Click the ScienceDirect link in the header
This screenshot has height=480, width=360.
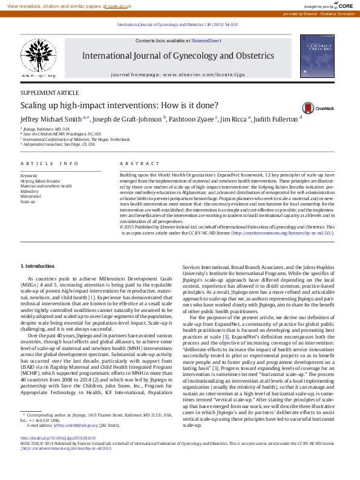click(206, 41)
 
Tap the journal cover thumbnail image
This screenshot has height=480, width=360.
click(320, 56)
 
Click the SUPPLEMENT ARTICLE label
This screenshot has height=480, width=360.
click(50, 93)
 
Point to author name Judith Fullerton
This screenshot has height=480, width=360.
click(273, 120)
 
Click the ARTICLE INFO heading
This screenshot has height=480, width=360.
click(50, 164)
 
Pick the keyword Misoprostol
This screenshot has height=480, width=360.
click(31, 196)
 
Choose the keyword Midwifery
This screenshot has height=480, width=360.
click(29, 191)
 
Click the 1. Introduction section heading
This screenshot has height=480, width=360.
click(38, 266)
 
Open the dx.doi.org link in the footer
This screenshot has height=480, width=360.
click(58, 454)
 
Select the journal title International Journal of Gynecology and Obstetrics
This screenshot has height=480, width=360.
click(178, 56)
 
